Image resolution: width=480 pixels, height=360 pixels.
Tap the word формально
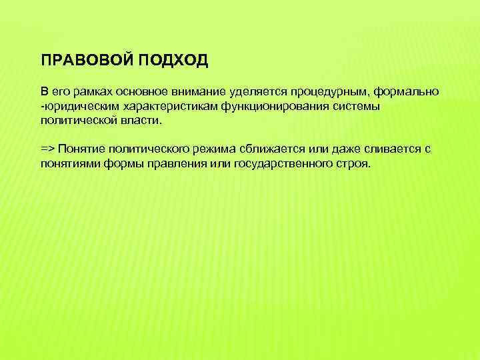tap(407, 91)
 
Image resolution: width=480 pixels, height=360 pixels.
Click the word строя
tap(351, 165)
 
